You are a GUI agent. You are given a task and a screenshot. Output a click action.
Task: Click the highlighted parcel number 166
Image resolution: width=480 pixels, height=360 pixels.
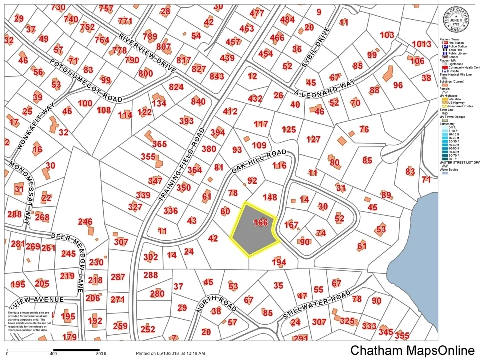pos(261,223)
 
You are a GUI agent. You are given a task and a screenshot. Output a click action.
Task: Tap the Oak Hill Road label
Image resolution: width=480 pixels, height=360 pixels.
pos(258,162)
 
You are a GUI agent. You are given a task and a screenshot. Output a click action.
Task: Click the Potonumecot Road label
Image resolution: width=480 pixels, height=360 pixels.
pos(86,80)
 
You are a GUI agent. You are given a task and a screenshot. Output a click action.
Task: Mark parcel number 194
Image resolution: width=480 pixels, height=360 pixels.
pos(279,262)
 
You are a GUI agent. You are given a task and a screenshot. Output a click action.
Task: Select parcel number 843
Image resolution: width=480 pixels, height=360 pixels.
pos(217,76)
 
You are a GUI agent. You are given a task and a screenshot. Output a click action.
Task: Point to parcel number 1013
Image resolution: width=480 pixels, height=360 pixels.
pos(421,44)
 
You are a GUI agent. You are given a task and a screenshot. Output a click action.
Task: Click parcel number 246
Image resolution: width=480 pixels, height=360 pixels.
pos(85,222)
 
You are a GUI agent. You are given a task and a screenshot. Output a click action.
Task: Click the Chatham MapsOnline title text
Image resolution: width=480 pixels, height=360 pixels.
pos(412,350)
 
